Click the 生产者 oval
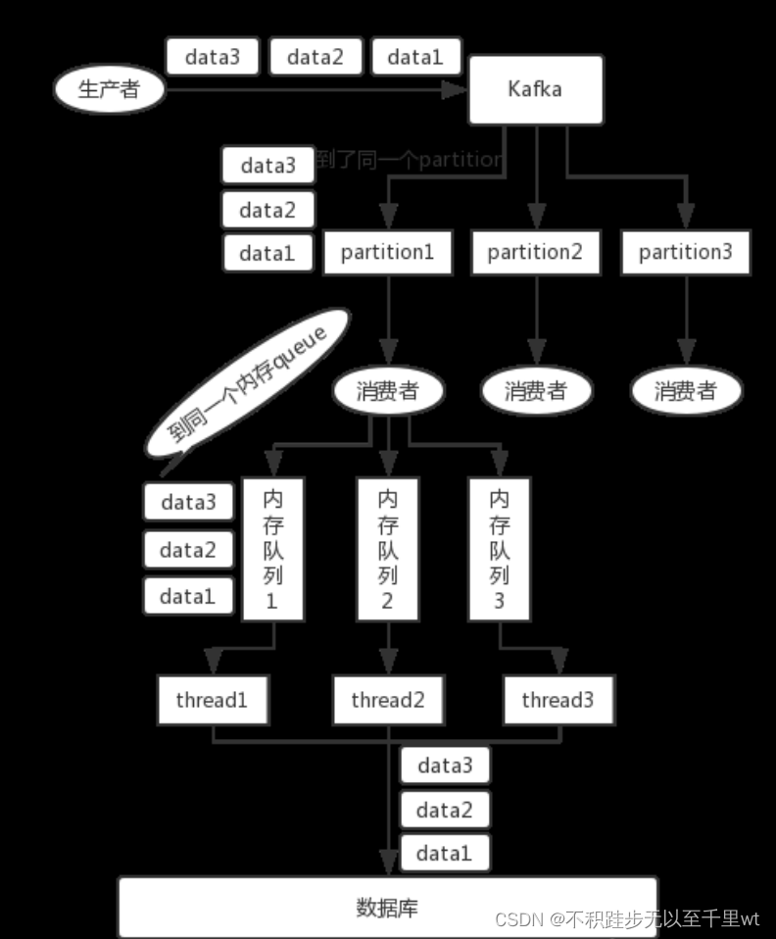point(108,90)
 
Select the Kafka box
point(535,89)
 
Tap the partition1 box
point(387,252)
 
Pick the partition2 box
point(535,252)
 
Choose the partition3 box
point(685,252)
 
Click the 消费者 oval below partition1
point(388,391)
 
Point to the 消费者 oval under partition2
point(536,391)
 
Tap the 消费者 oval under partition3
point(685,391)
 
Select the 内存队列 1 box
point(272,549)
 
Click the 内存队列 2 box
point(387,549)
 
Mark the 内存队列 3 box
point(499,549)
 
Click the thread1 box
point(212,700)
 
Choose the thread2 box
point(387,700)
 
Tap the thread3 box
point(558,700)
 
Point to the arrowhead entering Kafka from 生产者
point(454,90)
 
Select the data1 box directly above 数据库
point(444,854)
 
